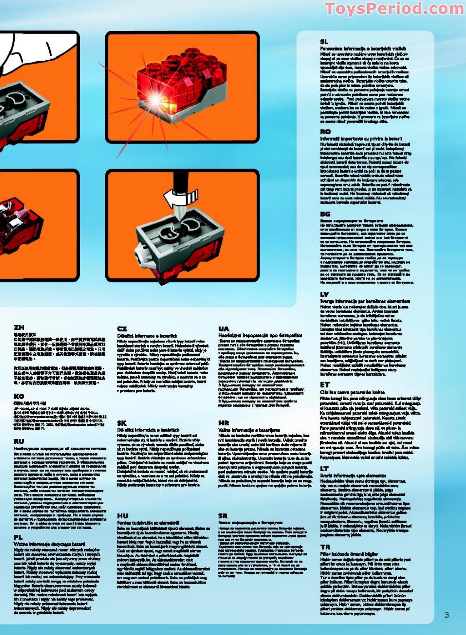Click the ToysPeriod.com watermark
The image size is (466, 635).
pos(394,8)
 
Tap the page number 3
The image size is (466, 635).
pos(446,614)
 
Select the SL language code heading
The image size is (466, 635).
pos(324,42)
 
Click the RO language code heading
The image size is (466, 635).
pos(325,132)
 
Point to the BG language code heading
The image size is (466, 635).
pos(325,214)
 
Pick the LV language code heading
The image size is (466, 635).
pos(325,294)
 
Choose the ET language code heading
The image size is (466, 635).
pos(325,385)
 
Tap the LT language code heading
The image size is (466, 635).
pos(324,468)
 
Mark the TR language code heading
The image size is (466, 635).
pos(325,547)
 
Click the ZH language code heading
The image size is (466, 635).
pos(19,327)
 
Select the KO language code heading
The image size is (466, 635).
pos(19,396)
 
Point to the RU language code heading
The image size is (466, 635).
pos(19,441)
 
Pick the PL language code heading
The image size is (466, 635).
pos(18,537)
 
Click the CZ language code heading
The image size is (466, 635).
pos(122,329)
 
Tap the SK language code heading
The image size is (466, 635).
pos(122,423)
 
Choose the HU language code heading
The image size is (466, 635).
pos(123,515)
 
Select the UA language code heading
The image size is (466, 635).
pos(224,329)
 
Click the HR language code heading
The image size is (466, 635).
pos(224,423)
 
